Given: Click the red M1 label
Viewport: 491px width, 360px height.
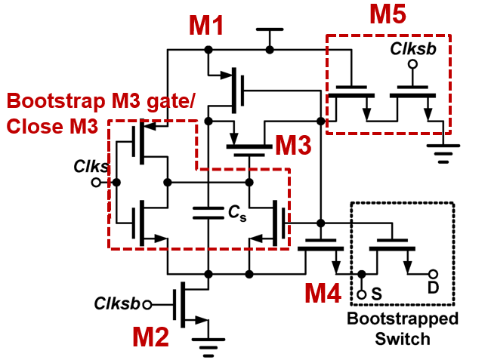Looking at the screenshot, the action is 206,26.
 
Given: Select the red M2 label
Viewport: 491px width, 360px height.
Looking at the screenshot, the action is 150,337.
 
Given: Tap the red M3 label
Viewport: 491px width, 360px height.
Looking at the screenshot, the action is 293,145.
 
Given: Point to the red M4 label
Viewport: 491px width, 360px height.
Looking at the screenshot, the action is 323,293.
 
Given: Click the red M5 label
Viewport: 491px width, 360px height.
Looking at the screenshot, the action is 388,14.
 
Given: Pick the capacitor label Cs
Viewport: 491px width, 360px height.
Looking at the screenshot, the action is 237,214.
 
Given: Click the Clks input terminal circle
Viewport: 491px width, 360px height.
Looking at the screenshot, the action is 96,183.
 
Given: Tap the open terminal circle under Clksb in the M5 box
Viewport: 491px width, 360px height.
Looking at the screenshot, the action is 412,64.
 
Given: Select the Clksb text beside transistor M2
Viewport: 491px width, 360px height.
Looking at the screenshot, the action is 117,303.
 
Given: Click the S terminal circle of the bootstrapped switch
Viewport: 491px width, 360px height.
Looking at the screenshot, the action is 362,294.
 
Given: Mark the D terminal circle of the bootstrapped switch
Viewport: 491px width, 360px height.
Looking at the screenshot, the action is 433,274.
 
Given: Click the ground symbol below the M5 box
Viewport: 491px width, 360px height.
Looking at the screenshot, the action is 443,153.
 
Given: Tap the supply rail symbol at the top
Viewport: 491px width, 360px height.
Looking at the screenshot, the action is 270,29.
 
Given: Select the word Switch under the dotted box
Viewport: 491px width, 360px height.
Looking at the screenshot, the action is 403,339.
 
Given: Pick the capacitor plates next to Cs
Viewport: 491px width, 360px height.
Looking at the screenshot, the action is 208,213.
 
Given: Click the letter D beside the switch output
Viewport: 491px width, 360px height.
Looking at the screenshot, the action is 433,287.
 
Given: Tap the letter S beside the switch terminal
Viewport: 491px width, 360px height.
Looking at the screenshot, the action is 376,294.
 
